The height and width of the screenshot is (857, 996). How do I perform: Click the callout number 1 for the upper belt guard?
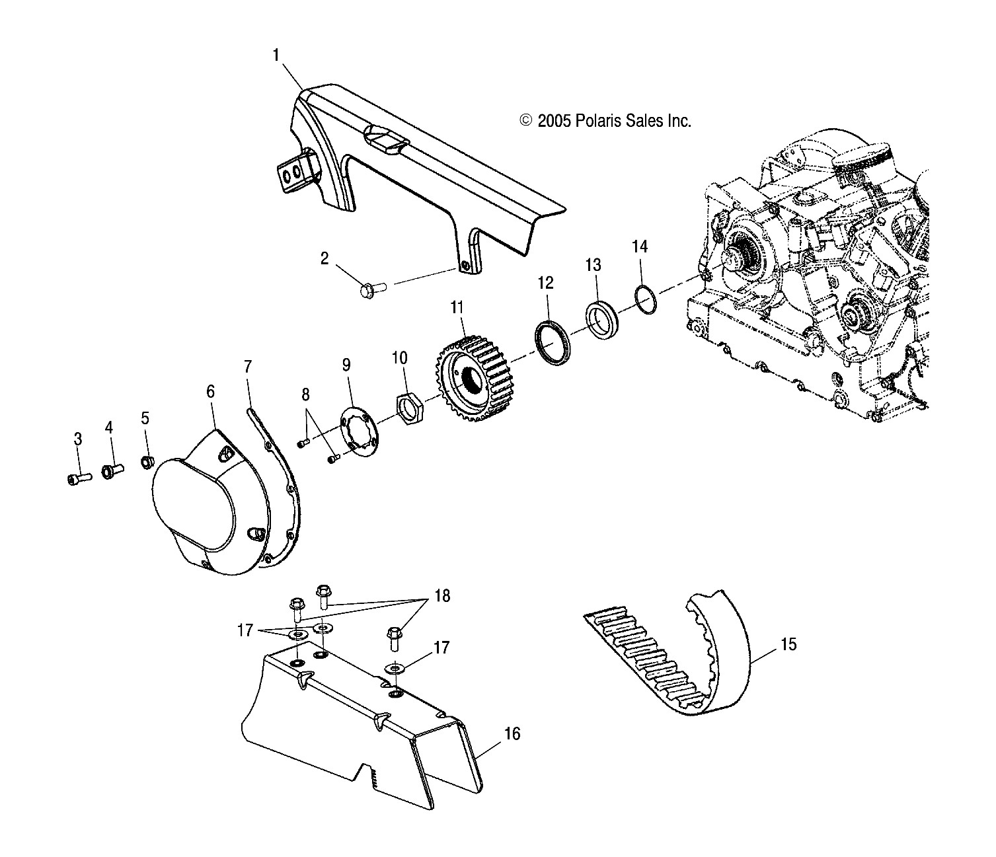pos(276,56)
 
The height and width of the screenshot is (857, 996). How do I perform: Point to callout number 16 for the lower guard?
pos(512,733)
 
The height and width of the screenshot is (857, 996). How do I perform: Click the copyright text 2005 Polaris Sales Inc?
pos(605,121)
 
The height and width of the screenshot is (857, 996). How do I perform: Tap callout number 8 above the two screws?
pos(305,396)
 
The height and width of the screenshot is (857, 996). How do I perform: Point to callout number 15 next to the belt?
pos(788,644)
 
